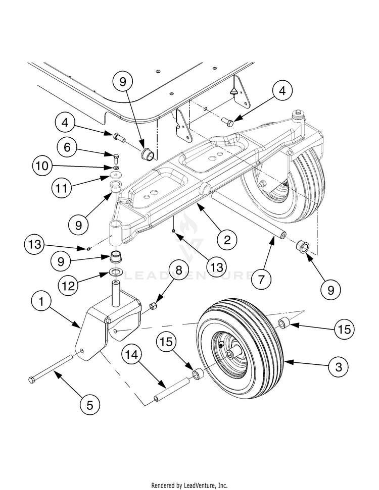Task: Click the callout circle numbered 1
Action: tap(41, 302)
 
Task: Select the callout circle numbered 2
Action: tap(227, 240)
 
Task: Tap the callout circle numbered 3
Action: tap(339, 366)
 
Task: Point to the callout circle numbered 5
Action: tap(90, 405)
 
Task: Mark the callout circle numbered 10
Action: tap(42, 166)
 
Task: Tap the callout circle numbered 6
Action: tap(67, 147)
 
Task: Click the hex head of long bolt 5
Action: tap(31, 380)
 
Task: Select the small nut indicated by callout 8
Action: tap(154, 306)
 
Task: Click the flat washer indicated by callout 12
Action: tap(116, 271)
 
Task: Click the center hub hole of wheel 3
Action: tap(230, 354)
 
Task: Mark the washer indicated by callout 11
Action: tap(116, 174)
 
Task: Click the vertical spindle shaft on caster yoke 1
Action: tap(116, 293)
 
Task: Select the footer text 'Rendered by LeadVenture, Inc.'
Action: tap(189, 485)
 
